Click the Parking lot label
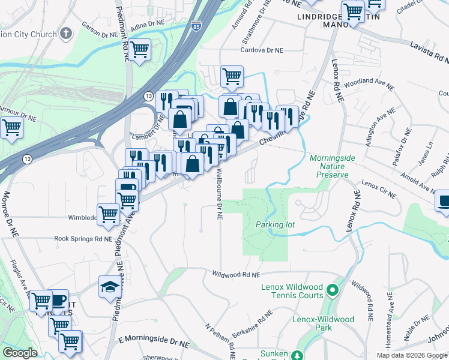pos(275,224)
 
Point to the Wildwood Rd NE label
pos(236,274)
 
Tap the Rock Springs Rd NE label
pos(83,238)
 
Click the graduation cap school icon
pos(109,286)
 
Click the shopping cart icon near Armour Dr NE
pos(11,127)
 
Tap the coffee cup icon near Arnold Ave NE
pos(444,201)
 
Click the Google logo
pos(20,353)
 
